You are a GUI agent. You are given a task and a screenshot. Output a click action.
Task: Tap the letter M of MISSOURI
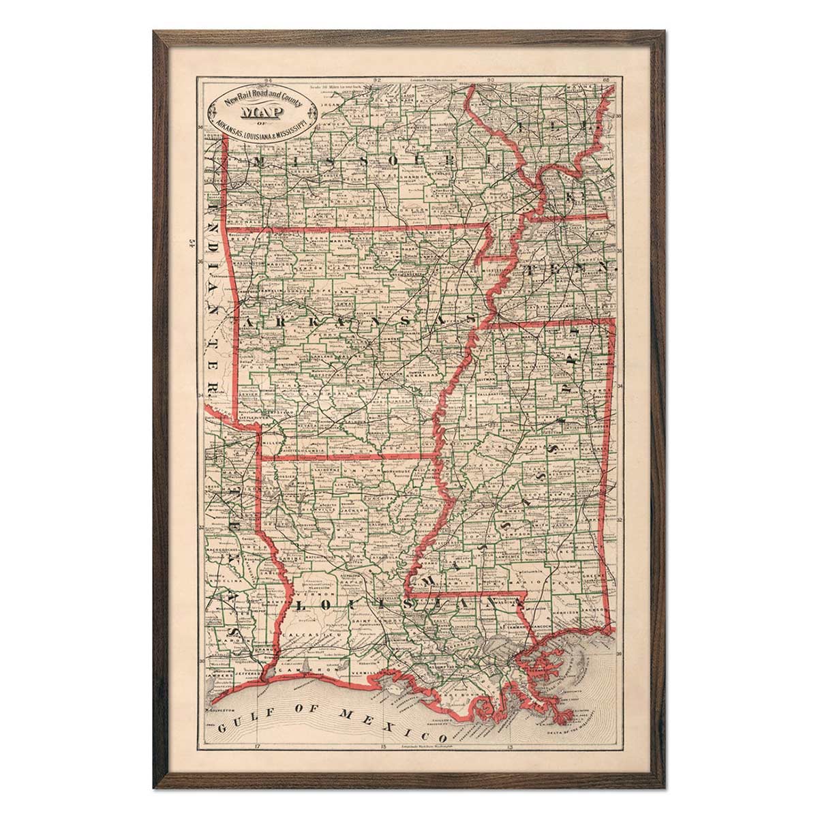click(260, 162)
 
